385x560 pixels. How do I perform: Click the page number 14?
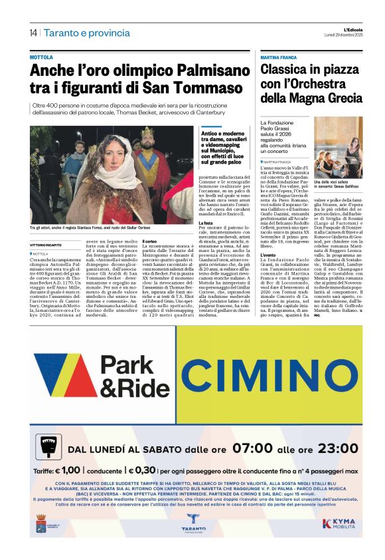tap(33, 33)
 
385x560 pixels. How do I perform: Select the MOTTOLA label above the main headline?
tap(41, 58)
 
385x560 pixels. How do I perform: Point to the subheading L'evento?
tap(269, 255)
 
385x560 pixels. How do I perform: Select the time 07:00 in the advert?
tap(220, 448)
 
